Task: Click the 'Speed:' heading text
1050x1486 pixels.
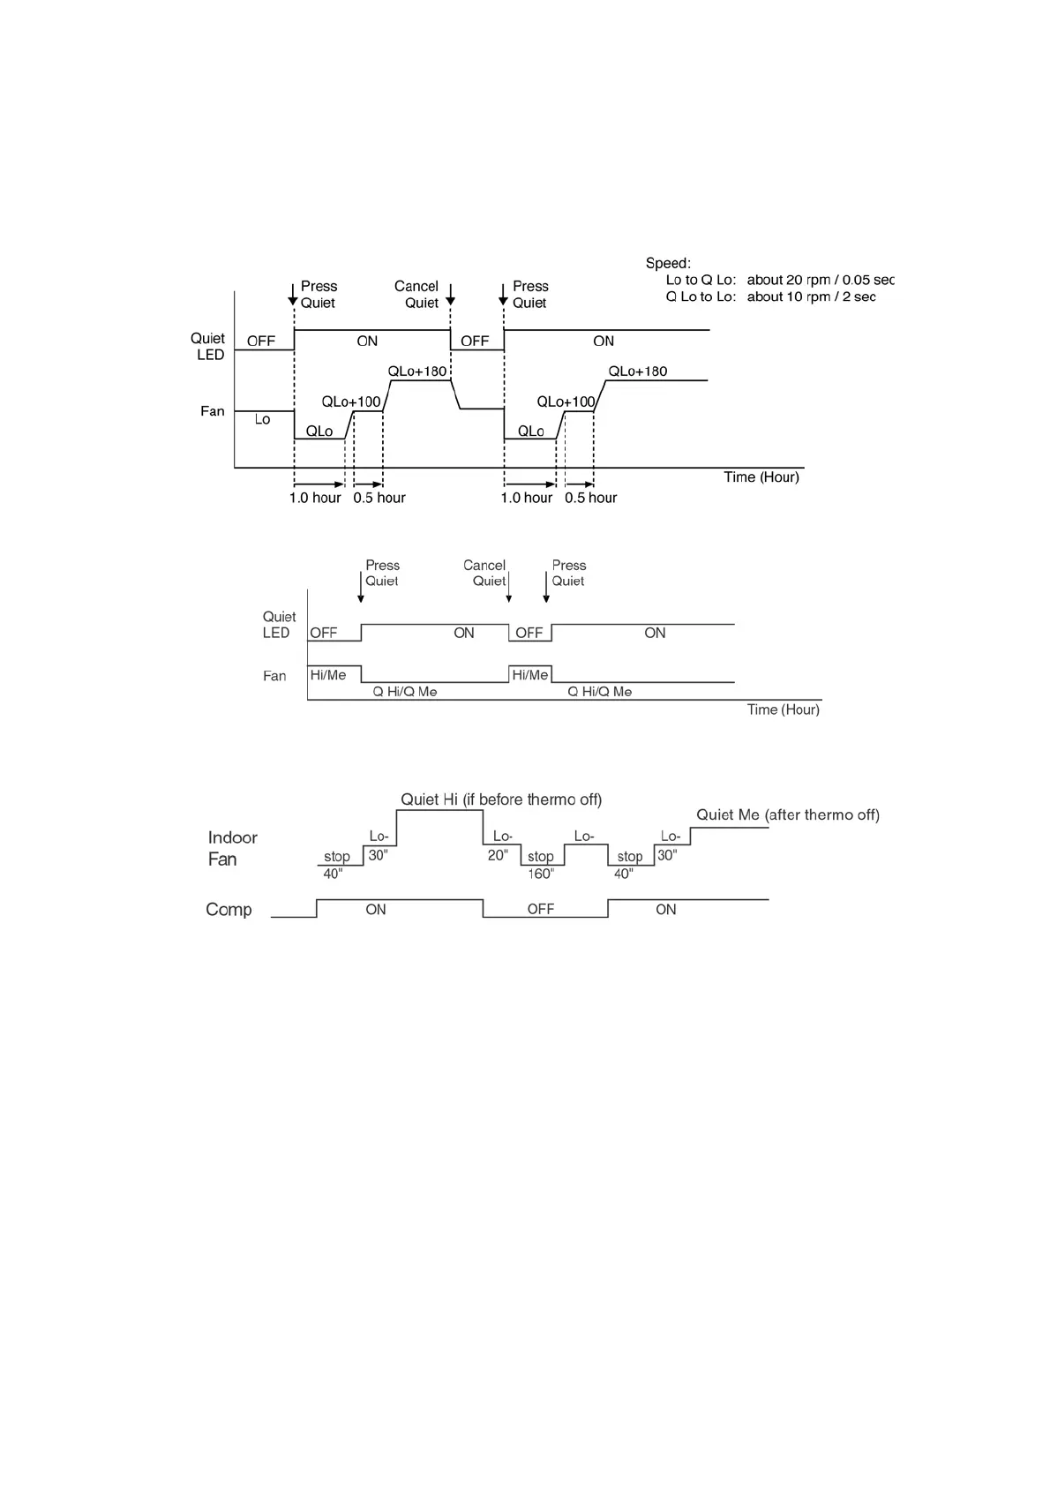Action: click(x=668, y=263)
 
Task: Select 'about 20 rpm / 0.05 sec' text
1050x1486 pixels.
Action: click(x=820, y=280)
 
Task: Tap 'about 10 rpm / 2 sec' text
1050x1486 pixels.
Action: click(x=811, y=296)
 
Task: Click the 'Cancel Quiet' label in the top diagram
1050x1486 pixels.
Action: click(x=416, y=295)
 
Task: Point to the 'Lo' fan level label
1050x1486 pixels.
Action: click(x=262, y=419)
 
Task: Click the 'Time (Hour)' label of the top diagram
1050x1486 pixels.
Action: click(x=761, y=477)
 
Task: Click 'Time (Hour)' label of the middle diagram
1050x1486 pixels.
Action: click(x=784, y=709)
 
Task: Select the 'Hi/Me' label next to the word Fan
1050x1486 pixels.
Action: click(x=328, y=675)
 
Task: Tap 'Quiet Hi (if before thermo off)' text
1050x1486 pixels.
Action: click(x=501, y=799)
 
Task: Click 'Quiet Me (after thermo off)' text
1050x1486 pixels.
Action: click(x=788, y=814)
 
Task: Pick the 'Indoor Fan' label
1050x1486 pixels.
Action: click(x=232, y=848)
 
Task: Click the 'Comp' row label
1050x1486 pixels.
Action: click(x=229, y=910)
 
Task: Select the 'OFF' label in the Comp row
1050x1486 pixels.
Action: click(x=541, y=910)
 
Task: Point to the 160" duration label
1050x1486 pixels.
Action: click(x=541, y=874)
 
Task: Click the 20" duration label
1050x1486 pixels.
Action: click(x=498, y=855)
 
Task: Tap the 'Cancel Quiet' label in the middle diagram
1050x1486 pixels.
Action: click(x=484, y=573)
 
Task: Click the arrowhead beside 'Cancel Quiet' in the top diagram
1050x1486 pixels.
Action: click(x=450, y=300)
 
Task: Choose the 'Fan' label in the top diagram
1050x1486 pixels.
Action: click(x=213, y=411)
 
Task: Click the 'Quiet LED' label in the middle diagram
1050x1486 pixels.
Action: click(x=278, y=625)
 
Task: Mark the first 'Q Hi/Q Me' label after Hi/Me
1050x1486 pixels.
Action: click(x=405, y=692)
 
